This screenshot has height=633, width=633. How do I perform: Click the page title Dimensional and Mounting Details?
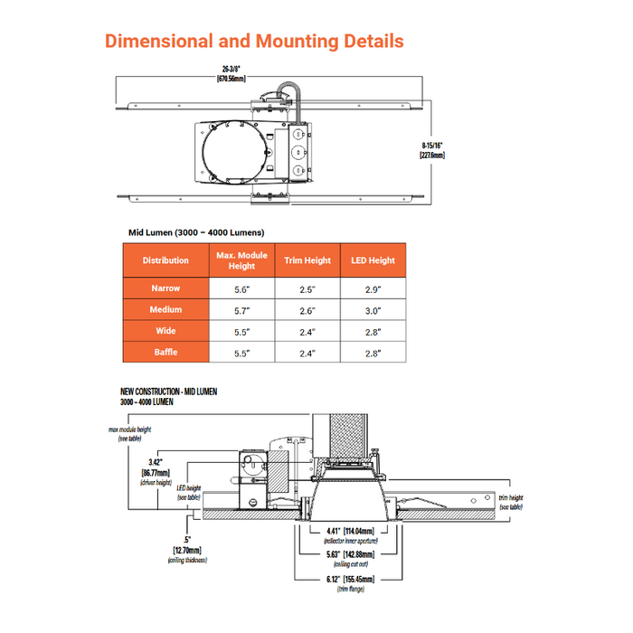(x=254, y=42)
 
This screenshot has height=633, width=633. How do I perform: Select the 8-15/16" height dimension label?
(x=432, y=149)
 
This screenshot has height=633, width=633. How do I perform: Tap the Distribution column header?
(x=165, y=260)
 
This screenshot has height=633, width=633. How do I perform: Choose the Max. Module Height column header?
(x=241, y=260)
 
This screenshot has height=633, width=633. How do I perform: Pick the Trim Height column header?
(x=307, y=260)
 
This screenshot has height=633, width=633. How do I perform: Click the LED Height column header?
(x=373, y=260)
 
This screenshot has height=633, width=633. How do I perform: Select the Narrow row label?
(x=165, y=288)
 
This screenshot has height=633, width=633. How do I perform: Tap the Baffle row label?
(x=165, y=353)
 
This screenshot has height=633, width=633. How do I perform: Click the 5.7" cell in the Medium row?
(x=241, y=310)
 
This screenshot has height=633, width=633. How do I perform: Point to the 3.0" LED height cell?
(x=373, y=310)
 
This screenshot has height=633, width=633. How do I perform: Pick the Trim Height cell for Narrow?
(x=307, y=288)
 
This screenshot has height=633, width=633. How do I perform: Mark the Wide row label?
(x=165, y=331)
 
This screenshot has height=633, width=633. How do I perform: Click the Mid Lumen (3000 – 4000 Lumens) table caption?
(x=196, y=232)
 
